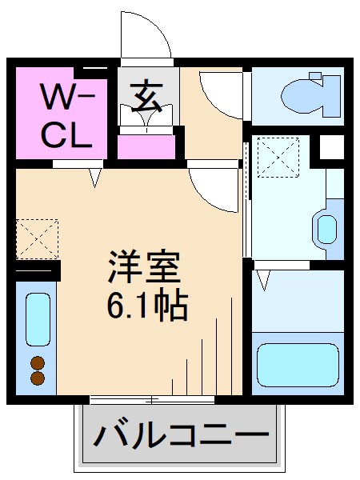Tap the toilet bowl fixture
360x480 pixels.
tap(309, 95)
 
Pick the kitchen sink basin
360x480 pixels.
tap(36, 320)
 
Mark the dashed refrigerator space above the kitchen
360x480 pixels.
tap(36, 238)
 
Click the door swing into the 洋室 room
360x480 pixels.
tap(214, 188)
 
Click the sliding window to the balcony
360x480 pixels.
tap(152, 398)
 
